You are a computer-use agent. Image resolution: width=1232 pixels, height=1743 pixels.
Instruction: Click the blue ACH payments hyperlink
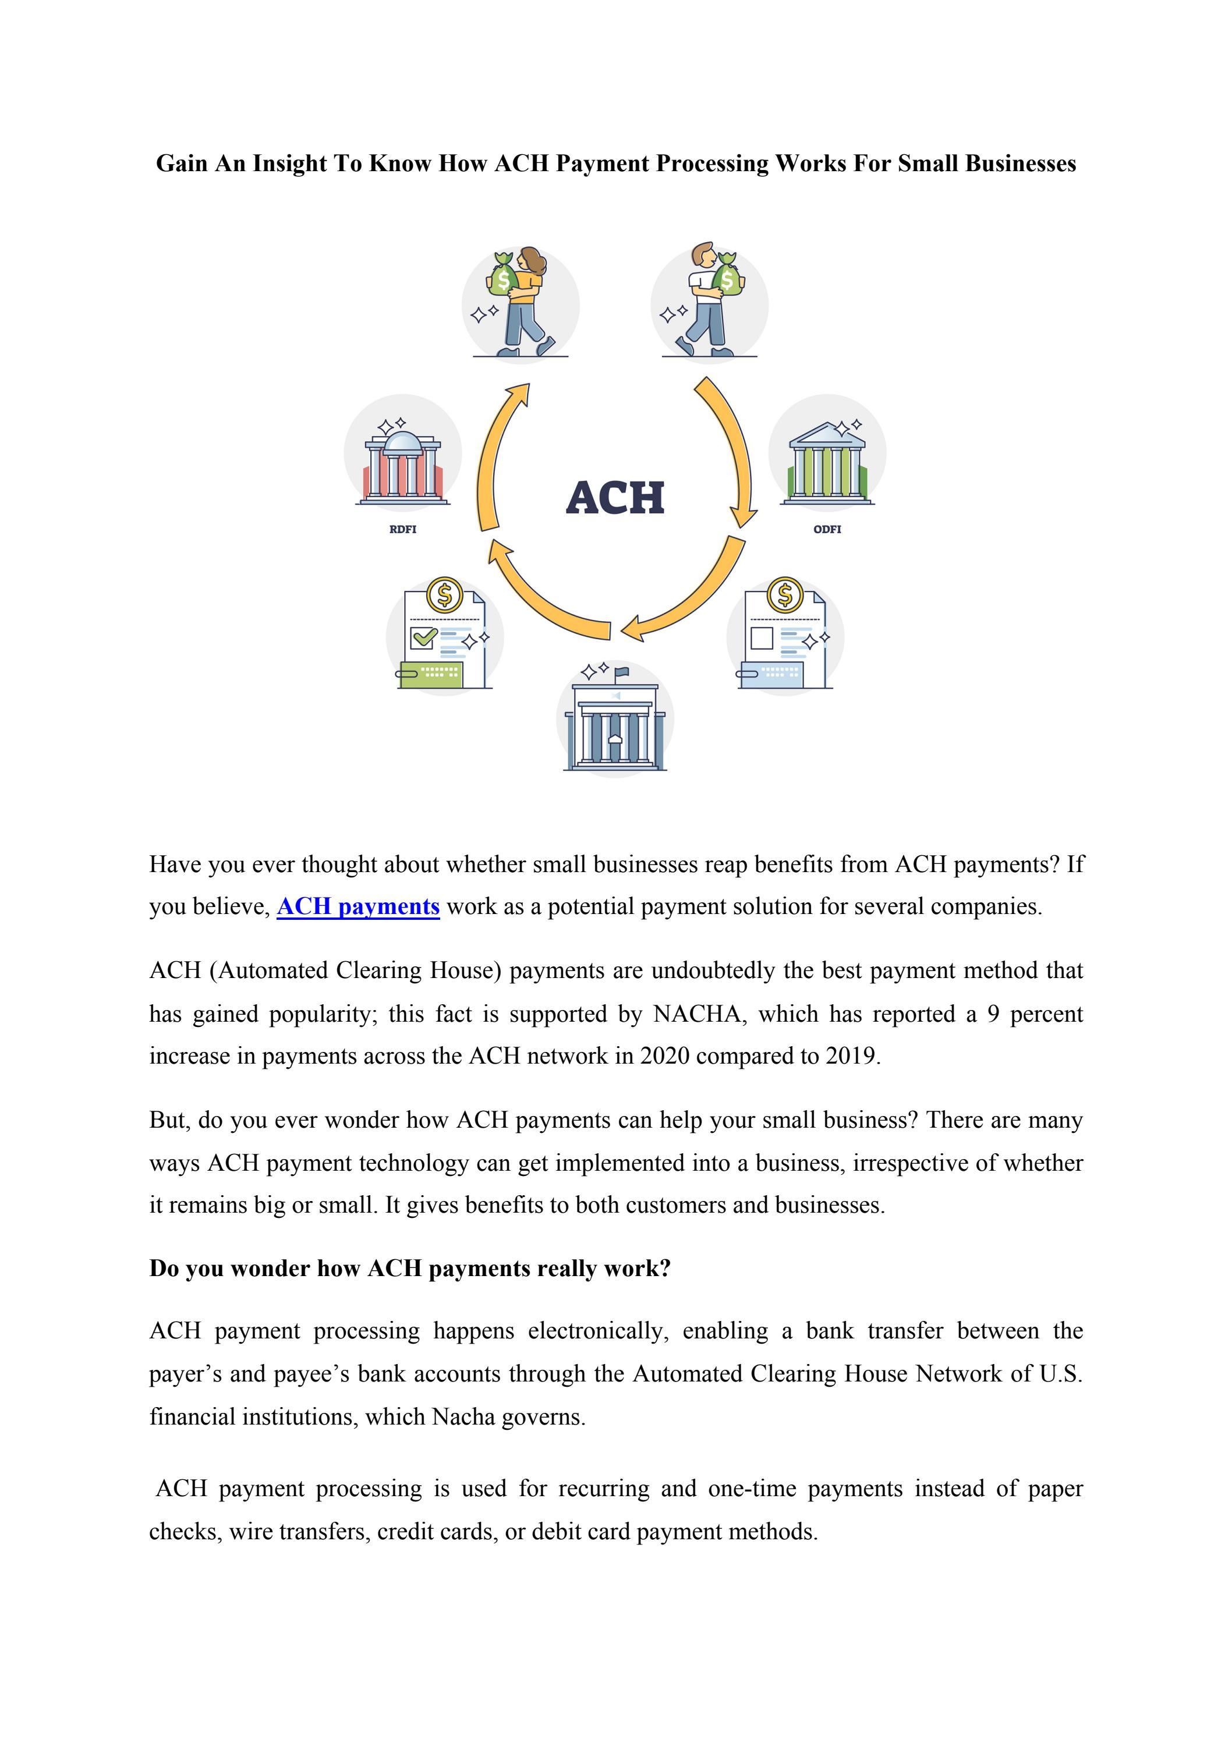point(358,906)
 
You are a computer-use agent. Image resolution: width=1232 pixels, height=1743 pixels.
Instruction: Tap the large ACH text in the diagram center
point(615,498)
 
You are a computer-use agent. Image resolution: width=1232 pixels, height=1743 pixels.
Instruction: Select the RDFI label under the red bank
point(402,529)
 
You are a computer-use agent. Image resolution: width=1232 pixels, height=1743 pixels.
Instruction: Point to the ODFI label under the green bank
point(827,529)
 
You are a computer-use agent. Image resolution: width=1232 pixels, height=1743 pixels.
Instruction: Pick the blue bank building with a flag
point(615,725)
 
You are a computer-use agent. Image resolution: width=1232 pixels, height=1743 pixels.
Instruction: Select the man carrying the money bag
point(710,300)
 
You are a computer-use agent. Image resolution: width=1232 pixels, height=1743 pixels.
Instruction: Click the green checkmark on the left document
point(423,636)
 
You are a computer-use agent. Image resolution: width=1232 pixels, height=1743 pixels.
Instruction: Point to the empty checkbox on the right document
point(762,637)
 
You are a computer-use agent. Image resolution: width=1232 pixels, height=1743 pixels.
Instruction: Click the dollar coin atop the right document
point(785,594)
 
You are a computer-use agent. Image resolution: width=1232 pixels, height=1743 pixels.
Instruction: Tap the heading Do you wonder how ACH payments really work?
point(410,1269)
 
